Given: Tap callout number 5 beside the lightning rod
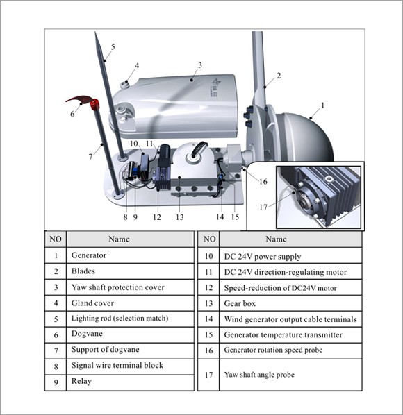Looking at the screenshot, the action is pyautogui.click(x=113, y=47).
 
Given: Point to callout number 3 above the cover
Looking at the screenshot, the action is pyautogui.click(x=200, y=65).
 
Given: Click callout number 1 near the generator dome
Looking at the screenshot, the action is pyautogui.click(x=322, y=105).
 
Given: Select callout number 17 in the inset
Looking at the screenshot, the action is pyautogui.click(x=263, y=207).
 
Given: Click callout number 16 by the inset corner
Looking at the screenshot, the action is pyautogui.click(x=263, y=181).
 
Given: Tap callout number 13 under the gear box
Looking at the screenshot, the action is pyautogui.click(x=180, y=217).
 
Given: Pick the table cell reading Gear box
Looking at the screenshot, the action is pyautogui.click(x=290, y=303).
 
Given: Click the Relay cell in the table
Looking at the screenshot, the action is pyautogui.click(x=130, y=382).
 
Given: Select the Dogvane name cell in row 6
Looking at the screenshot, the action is pyautogui.click(x=130, y=334).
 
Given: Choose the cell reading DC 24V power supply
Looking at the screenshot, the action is pyautogui.click(x=290, y=256).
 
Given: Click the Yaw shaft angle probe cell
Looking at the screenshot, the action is pyautogui.click(x=290, y=375).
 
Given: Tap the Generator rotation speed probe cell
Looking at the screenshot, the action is pyautogui.click(x=290, y=350).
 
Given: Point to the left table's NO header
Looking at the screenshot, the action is pyautogui.click(x=56, y=239).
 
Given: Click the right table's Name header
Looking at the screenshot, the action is pyautogui.click(x=290, y=239).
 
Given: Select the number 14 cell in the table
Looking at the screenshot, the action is pyautogui.click(x=208, y=319).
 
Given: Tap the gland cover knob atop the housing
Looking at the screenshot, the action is pyautogui.click(x=124, y=85).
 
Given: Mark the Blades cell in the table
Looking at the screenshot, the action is pyautogui.click(x=130, y=271).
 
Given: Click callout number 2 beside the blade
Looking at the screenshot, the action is pyautogui.click(x=279, y=76).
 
